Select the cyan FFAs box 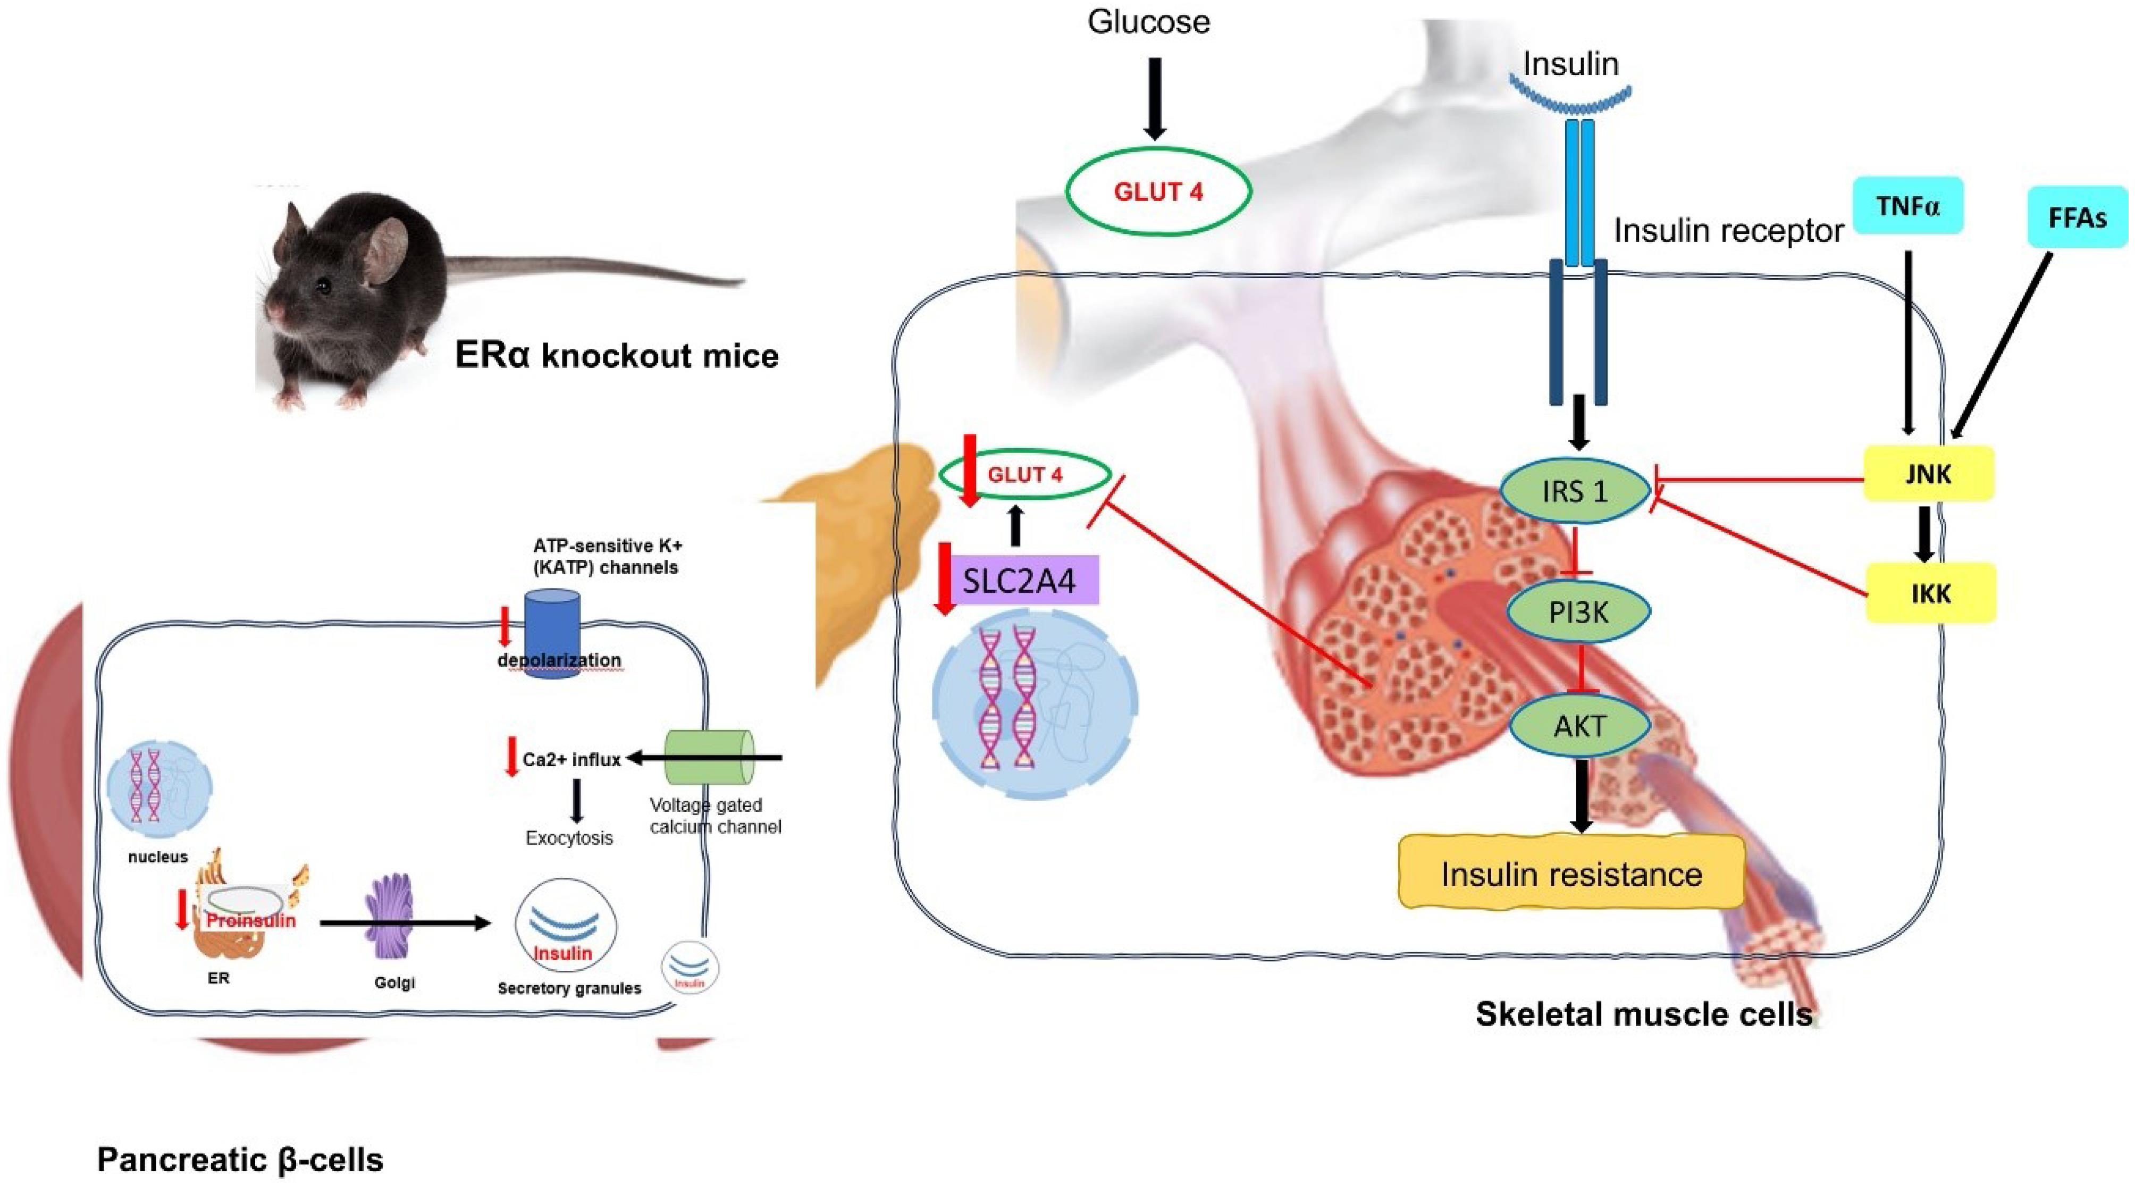2077,217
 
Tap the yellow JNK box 1928,474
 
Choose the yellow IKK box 1930,593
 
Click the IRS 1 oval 1575,492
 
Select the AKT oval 1579,726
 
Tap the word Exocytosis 569,838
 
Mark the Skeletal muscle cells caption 1644,1014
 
